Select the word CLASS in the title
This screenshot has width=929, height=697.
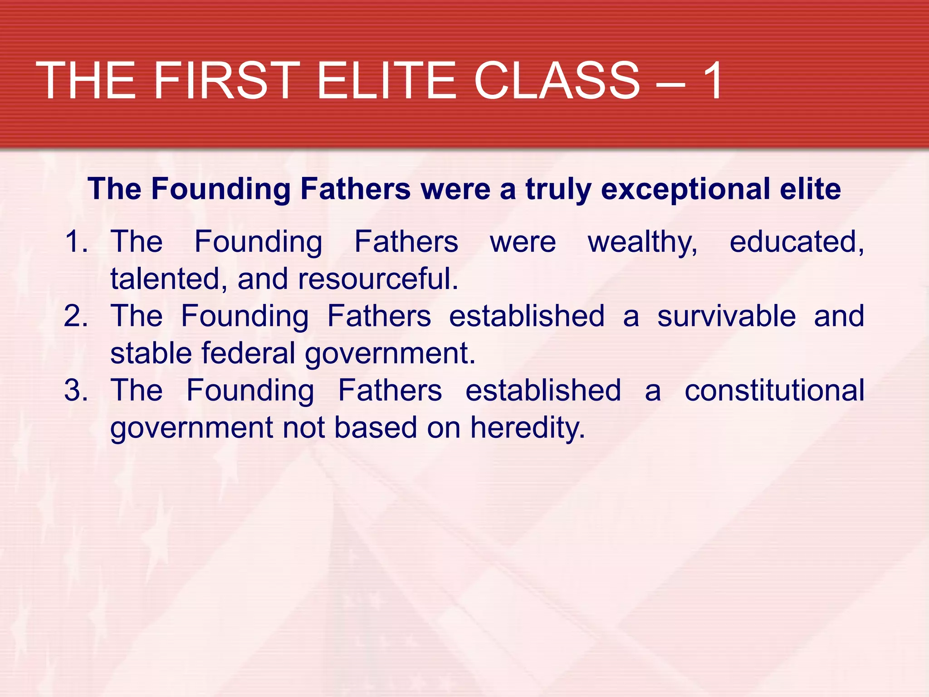(x=557, y=81)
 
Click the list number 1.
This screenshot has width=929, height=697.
(x=76, y=241)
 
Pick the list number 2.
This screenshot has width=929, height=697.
(x=76, y=316)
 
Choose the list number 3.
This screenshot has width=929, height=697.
(x=76, y=390)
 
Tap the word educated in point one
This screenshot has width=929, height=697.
(x=797, y=241)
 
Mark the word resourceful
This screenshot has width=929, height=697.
(x=378, y=279)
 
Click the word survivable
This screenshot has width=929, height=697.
(x=726, y=316)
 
